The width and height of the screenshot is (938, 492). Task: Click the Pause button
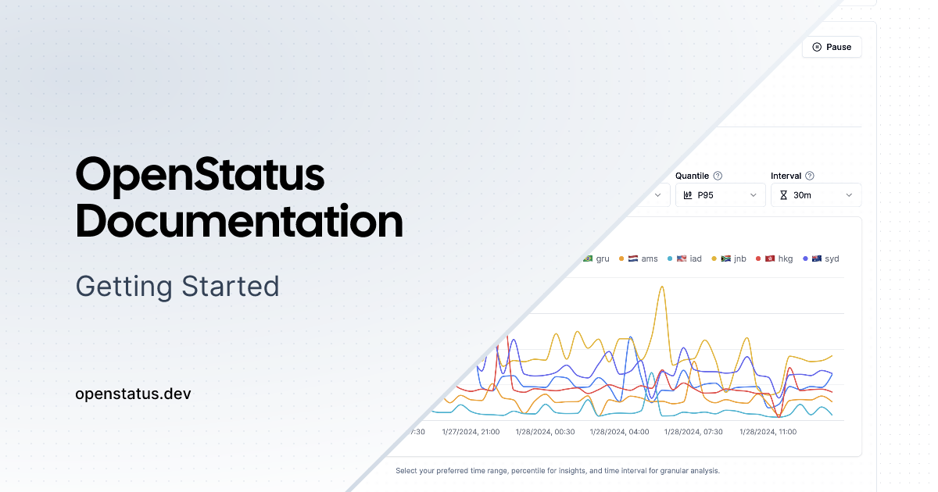832,47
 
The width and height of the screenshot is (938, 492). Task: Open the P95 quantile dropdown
720,195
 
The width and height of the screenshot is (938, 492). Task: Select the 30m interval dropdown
816,195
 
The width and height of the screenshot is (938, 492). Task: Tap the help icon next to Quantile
718,176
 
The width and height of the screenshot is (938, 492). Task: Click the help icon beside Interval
810,176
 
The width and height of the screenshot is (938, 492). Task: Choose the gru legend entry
596,258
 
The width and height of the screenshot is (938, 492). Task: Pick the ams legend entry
638,258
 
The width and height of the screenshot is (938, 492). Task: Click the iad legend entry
685,258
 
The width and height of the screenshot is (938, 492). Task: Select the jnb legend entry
729,258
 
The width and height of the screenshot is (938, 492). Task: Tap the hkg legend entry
775,258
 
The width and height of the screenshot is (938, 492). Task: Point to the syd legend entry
822,258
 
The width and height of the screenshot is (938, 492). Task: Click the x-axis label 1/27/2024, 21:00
471,432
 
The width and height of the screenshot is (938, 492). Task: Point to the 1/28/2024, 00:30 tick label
546,432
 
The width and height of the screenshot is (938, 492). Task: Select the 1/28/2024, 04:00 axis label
619,432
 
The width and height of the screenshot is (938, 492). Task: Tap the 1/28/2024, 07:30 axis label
693,432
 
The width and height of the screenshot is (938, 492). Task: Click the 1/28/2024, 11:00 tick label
768,432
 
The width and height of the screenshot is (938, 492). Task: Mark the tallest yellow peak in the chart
662,287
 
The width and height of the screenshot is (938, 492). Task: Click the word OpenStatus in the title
200,175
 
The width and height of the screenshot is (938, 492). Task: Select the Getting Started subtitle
177,287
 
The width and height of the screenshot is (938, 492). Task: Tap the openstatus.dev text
133,394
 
